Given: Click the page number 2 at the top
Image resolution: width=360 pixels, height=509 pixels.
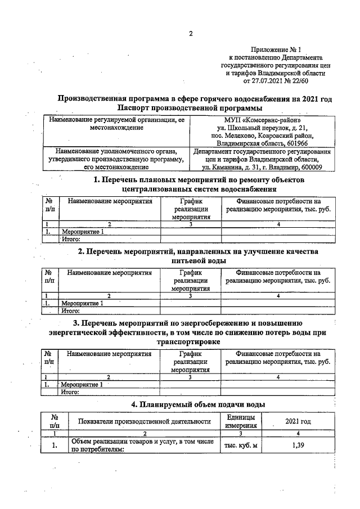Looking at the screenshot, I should (190, 33).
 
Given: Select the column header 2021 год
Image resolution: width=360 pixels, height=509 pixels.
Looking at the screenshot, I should (298, 421).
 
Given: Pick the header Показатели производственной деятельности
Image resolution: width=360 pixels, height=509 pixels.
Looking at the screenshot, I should (145, 421).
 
